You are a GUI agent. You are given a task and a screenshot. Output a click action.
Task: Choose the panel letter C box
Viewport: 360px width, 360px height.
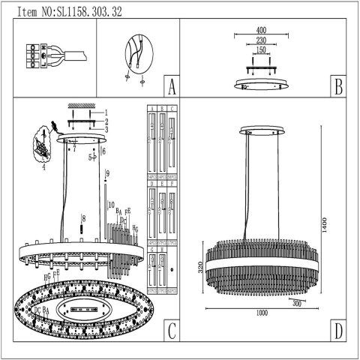click(172, 331)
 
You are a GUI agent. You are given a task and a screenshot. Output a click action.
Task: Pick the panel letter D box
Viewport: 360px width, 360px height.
click(338, 331)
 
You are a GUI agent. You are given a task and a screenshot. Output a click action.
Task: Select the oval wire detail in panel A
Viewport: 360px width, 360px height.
click(134, 56)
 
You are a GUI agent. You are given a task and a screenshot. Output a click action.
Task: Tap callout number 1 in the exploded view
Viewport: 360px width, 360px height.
click(106, 112)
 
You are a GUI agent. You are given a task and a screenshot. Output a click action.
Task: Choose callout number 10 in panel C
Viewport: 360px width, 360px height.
click(110, 205)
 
